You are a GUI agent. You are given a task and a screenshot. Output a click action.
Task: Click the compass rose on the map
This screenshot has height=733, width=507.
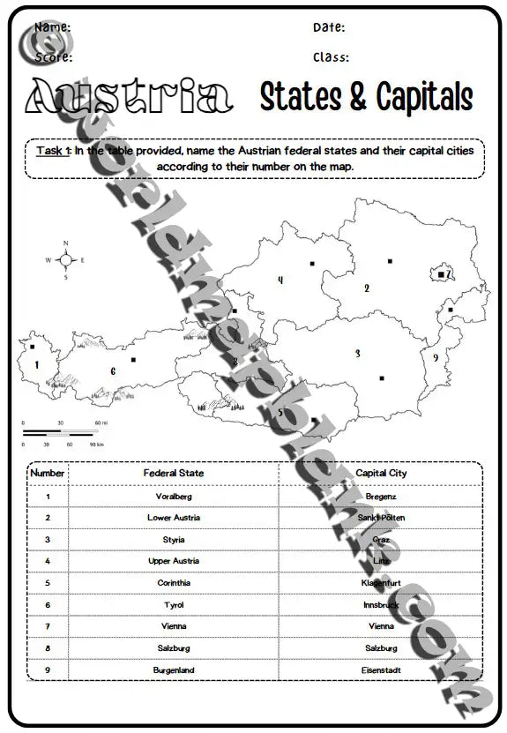(x=65, y=259)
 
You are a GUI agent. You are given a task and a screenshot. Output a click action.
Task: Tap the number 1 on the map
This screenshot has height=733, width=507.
(x=37, y=363)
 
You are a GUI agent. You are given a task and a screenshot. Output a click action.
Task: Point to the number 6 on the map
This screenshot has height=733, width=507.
(x=113, y=371)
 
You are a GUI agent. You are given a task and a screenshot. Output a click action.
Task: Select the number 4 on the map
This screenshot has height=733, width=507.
(x=280, y=280)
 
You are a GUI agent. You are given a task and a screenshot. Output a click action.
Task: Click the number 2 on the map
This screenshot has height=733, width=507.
(x=367, y=288)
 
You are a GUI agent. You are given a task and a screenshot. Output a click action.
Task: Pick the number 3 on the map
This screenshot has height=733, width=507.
(x=357, y=354)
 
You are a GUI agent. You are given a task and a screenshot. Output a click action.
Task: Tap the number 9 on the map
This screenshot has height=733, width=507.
(x=436, y=357)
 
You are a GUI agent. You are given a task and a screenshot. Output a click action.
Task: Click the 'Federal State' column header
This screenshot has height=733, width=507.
(x=173, y=474)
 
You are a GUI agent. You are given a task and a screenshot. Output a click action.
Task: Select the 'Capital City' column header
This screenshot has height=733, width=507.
(x=381, y=474)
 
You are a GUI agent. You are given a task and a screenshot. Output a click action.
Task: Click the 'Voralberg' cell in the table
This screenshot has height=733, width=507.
(x=173, y=497)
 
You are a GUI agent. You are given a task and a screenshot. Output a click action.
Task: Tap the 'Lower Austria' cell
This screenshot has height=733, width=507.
(x=173, y=518)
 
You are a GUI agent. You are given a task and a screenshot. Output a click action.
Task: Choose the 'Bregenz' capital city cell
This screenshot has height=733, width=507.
(x=381, y=497)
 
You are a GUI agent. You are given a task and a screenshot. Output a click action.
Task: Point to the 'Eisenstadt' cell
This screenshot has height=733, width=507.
(x=381, y=670)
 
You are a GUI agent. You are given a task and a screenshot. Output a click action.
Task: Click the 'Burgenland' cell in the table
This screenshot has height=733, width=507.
(x=173, y=670)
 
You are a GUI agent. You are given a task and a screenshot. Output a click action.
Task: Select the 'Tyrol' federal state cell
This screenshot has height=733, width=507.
(x=173, y=605)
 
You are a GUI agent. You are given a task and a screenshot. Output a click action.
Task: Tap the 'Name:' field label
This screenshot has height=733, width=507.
(x=53, y=27)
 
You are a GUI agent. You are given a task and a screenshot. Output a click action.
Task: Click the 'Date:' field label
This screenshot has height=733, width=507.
(x=329, y=27)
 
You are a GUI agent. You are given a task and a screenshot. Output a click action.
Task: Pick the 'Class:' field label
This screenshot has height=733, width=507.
(x=331, y=57)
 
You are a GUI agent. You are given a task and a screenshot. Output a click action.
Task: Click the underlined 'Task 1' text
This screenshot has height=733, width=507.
(x=53, y=151)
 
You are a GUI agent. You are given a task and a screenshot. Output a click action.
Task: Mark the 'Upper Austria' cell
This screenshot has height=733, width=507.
(x=173, y=561)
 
